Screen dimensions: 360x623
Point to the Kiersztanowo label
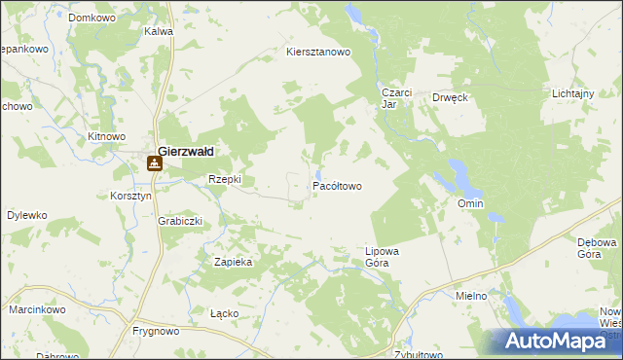coord(317,53)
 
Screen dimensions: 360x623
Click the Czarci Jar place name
coord(396,98)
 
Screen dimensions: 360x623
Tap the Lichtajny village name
coord(572,92)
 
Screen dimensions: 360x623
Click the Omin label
coord(470,203)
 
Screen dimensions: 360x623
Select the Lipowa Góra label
coord(383,256)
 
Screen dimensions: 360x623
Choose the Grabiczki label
coord(180,221)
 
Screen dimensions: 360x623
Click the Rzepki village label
coord(225,180)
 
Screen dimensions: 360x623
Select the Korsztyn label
coord(131,196)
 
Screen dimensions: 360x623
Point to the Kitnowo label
coord(107,137)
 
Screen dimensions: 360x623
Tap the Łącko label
coord(224,314)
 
